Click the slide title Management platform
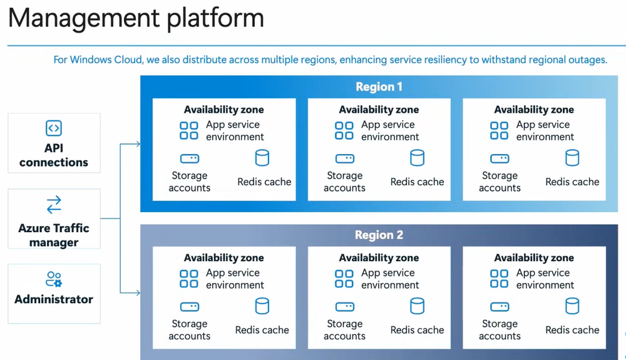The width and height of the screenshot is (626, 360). tap(135, 19)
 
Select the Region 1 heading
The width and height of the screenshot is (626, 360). tap(379, 87)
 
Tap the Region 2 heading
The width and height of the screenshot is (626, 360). tap(379, 235)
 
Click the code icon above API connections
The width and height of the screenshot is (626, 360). tap(54, 128)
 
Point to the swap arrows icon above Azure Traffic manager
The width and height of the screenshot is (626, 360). tap(54, 205)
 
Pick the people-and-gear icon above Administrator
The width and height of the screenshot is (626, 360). tap(54, 279)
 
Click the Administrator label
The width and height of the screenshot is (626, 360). tap(54, 299)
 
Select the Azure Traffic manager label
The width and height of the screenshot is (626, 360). tap(54, 235)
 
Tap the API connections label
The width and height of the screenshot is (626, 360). tap(54, 155)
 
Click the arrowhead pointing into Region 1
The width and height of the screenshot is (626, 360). tap(138, 145)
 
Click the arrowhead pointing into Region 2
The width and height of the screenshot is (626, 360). tap(138, 292)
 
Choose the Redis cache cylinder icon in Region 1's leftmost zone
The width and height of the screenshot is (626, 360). tap(262, 158)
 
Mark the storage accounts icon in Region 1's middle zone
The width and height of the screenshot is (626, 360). tap(344, 159)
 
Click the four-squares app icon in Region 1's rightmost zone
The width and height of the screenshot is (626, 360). tap(499, 130)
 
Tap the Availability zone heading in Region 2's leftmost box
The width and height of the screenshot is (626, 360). tap(223, 258)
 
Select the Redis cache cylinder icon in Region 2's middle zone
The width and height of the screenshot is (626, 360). tap(417, 306)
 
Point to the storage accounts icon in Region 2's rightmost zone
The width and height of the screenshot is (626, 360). tap(500, 307)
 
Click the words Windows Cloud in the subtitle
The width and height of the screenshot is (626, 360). tap(102, 60)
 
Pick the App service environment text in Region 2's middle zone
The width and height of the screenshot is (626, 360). tap(389, 279)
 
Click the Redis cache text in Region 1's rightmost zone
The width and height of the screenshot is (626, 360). tap(572, 182)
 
